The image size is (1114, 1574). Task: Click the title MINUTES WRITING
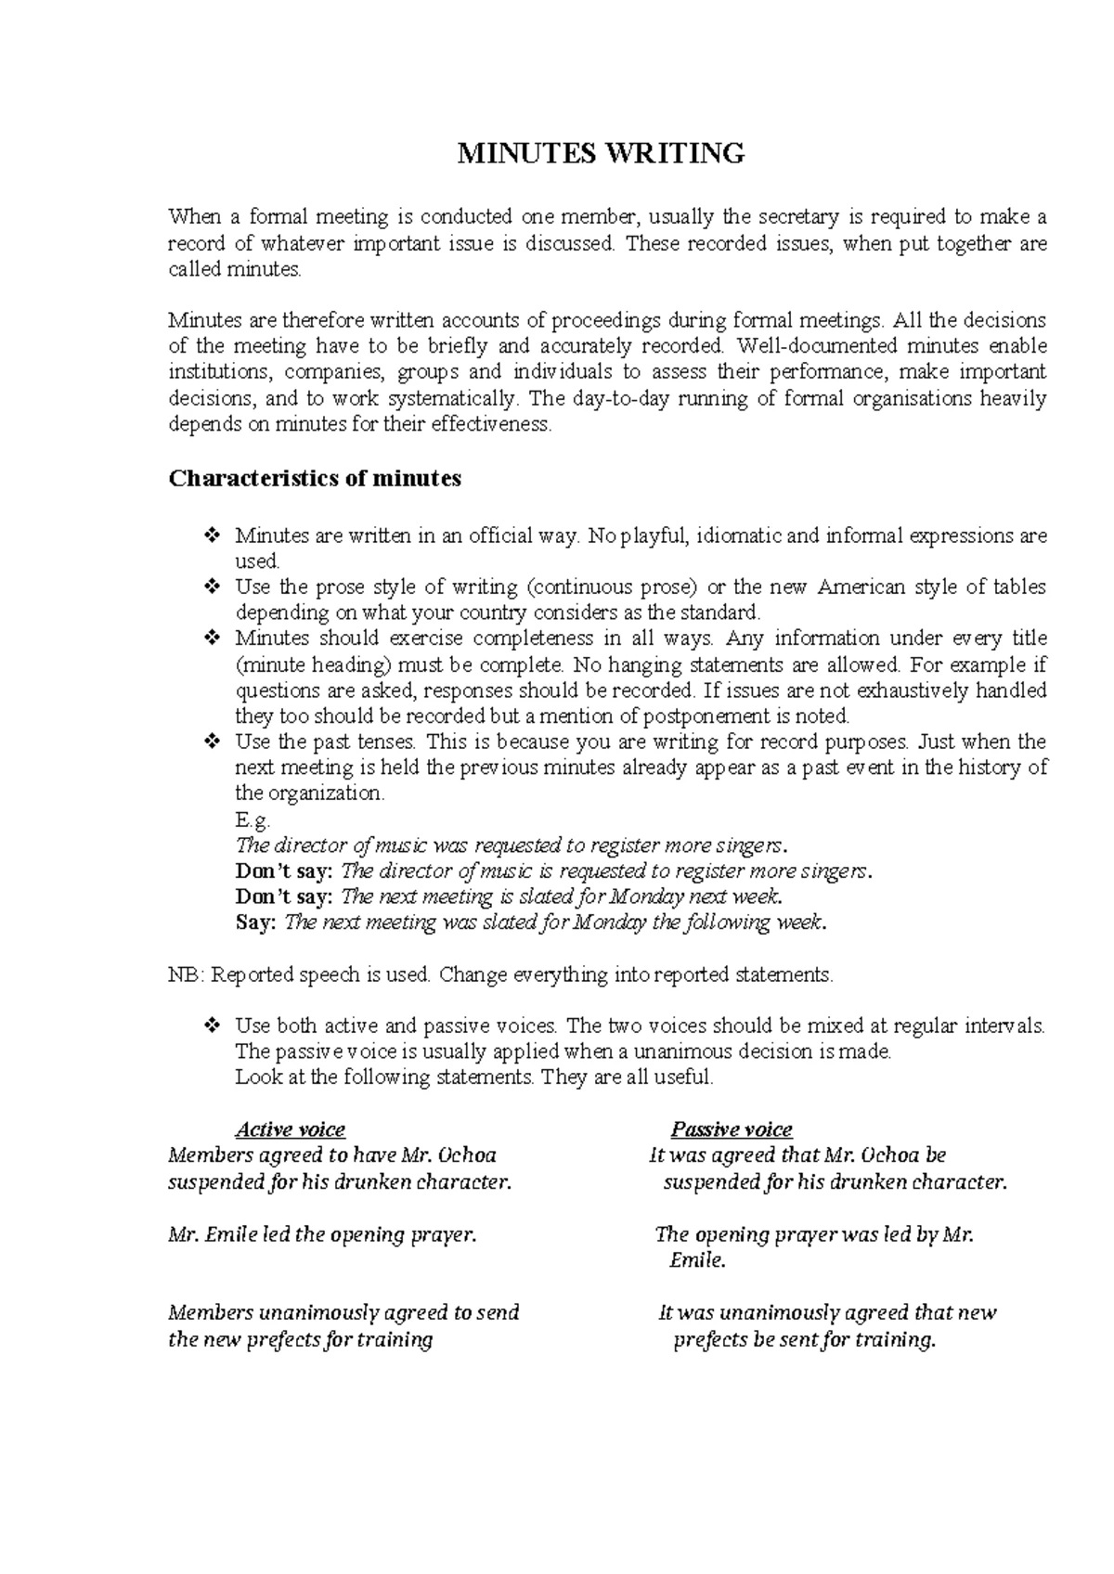[601, 153]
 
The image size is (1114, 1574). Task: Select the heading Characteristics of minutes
[315, 479]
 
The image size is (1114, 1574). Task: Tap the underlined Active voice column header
[290, 1129]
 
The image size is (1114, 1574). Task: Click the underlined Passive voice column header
[732, 1129]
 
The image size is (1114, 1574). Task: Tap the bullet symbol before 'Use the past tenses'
[211, 742]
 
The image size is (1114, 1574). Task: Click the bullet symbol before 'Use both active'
[211, 1026]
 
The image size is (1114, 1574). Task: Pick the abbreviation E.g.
[253, 819]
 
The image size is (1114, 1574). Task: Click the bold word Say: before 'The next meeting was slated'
[256, 922]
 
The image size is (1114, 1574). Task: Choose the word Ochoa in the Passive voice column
[890, 1155]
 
